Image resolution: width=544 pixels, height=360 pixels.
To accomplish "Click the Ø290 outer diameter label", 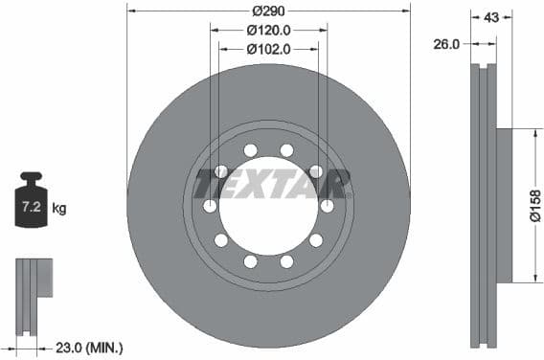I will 268,11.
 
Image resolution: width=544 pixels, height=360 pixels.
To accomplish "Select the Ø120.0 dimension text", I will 268,29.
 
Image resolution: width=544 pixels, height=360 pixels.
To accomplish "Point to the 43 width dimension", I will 492,17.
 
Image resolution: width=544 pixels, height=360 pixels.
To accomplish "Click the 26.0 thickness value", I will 447,43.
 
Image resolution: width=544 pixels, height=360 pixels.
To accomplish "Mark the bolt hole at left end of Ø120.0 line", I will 211,206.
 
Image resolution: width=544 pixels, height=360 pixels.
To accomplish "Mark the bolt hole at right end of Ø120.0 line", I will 327,206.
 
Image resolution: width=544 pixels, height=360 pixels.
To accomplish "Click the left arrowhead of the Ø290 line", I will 131,11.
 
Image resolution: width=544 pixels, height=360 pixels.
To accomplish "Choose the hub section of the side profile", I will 504,206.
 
